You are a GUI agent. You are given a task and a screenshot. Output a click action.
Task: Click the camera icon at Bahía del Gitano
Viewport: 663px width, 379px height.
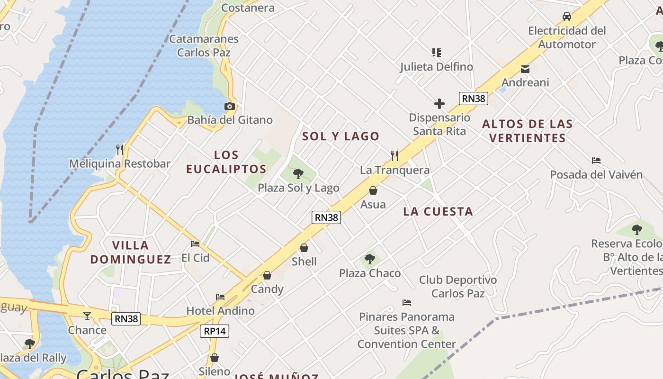[x=230, y=106]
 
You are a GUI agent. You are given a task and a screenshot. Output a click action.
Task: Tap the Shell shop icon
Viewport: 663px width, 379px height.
[x=304, y=248]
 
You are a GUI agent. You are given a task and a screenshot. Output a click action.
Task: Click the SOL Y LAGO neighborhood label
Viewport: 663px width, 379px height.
[x=341, y=136]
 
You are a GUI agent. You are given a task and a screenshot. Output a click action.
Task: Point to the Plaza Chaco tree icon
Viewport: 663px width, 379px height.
[x=370, y=259]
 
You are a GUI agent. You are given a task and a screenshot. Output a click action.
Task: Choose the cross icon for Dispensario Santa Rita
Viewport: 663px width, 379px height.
[x=439, y=104]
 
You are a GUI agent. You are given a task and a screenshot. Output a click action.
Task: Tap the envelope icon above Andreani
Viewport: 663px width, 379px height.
[x=525, y=69]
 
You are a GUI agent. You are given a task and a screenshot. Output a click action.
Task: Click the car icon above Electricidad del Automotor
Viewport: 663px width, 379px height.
[x=567, y=17]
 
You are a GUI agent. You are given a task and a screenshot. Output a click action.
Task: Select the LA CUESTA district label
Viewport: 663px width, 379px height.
[x=438, y=212]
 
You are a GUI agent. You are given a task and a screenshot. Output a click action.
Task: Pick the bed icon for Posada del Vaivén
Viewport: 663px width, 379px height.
[x=596, y=161]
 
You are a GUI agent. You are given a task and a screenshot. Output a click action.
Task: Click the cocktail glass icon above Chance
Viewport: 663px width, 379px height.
[x=87, y=316]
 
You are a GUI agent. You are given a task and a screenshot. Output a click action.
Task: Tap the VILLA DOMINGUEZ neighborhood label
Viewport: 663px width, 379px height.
[x=131, y=252]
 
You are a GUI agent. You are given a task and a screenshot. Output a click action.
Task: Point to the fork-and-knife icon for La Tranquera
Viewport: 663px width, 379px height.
[x=394, y=155]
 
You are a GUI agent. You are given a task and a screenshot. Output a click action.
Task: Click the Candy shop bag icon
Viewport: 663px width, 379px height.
[x=267, y=275]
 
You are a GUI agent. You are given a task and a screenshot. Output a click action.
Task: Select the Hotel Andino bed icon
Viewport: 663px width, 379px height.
[x=220, y=297]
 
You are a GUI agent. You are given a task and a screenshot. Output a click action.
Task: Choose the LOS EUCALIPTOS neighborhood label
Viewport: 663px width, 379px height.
[x=226, y=162]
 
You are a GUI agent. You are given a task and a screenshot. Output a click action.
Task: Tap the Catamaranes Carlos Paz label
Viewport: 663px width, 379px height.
[x=204, y=45]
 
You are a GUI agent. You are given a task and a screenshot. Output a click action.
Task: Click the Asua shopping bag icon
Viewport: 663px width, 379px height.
[x=373, y=190]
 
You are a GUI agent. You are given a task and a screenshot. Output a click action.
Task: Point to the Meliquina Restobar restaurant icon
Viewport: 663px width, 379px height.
[x=120, y=150]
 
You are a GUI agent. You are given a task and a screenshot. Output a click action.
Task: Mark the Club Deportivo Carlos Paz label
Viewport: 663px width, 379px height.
[x=458, y=287]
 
